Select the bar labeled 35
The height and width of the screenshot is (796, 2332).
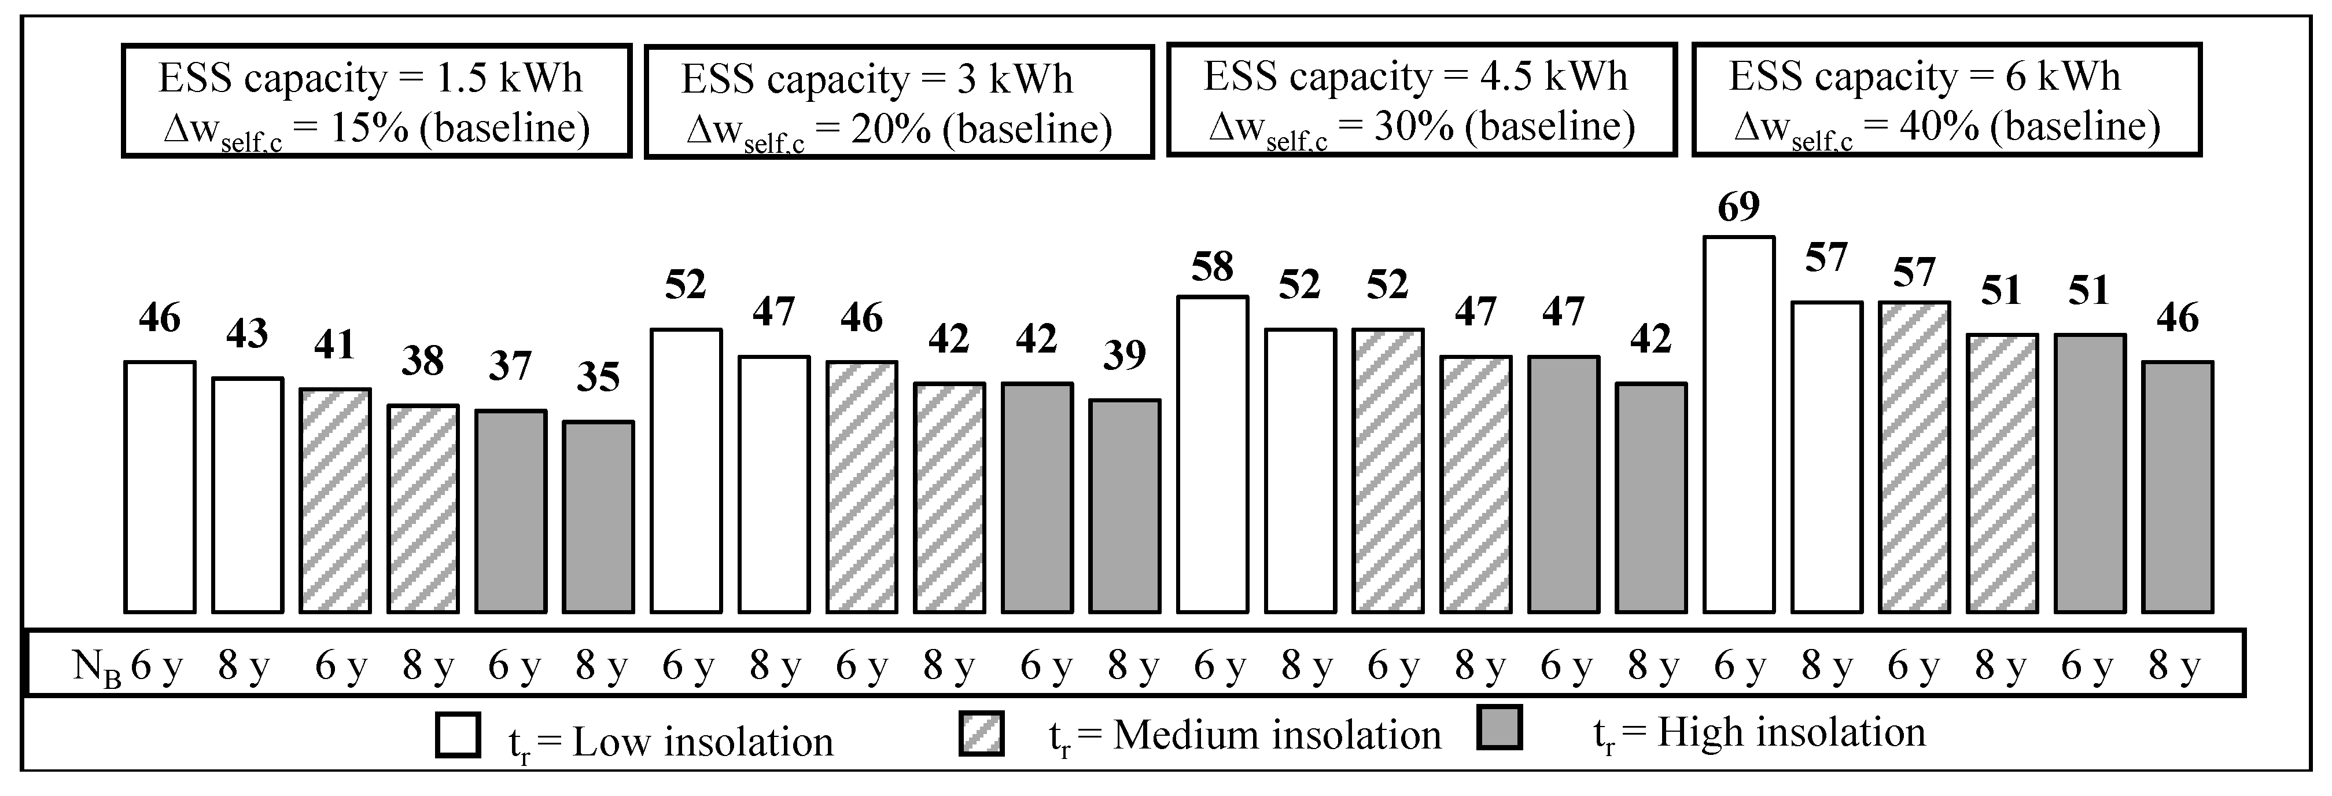(598, 516)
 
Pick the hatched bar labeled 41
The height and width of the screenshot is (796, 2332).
(335, 500)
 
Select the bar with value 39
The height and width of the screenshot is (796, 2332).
(1125, 505)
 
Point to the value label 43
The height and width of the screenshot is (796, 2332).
(247, 334)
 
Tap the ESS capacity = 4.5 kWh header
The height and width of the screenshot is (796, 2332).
(1421, 100)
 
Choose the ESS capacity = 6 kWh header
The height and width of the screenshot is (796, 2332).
(1946, 100)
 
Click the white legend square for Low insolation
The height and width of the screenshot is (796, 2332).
(458, 733)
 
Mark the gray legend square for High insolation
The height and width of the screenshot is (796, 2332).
(1499, 728)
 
